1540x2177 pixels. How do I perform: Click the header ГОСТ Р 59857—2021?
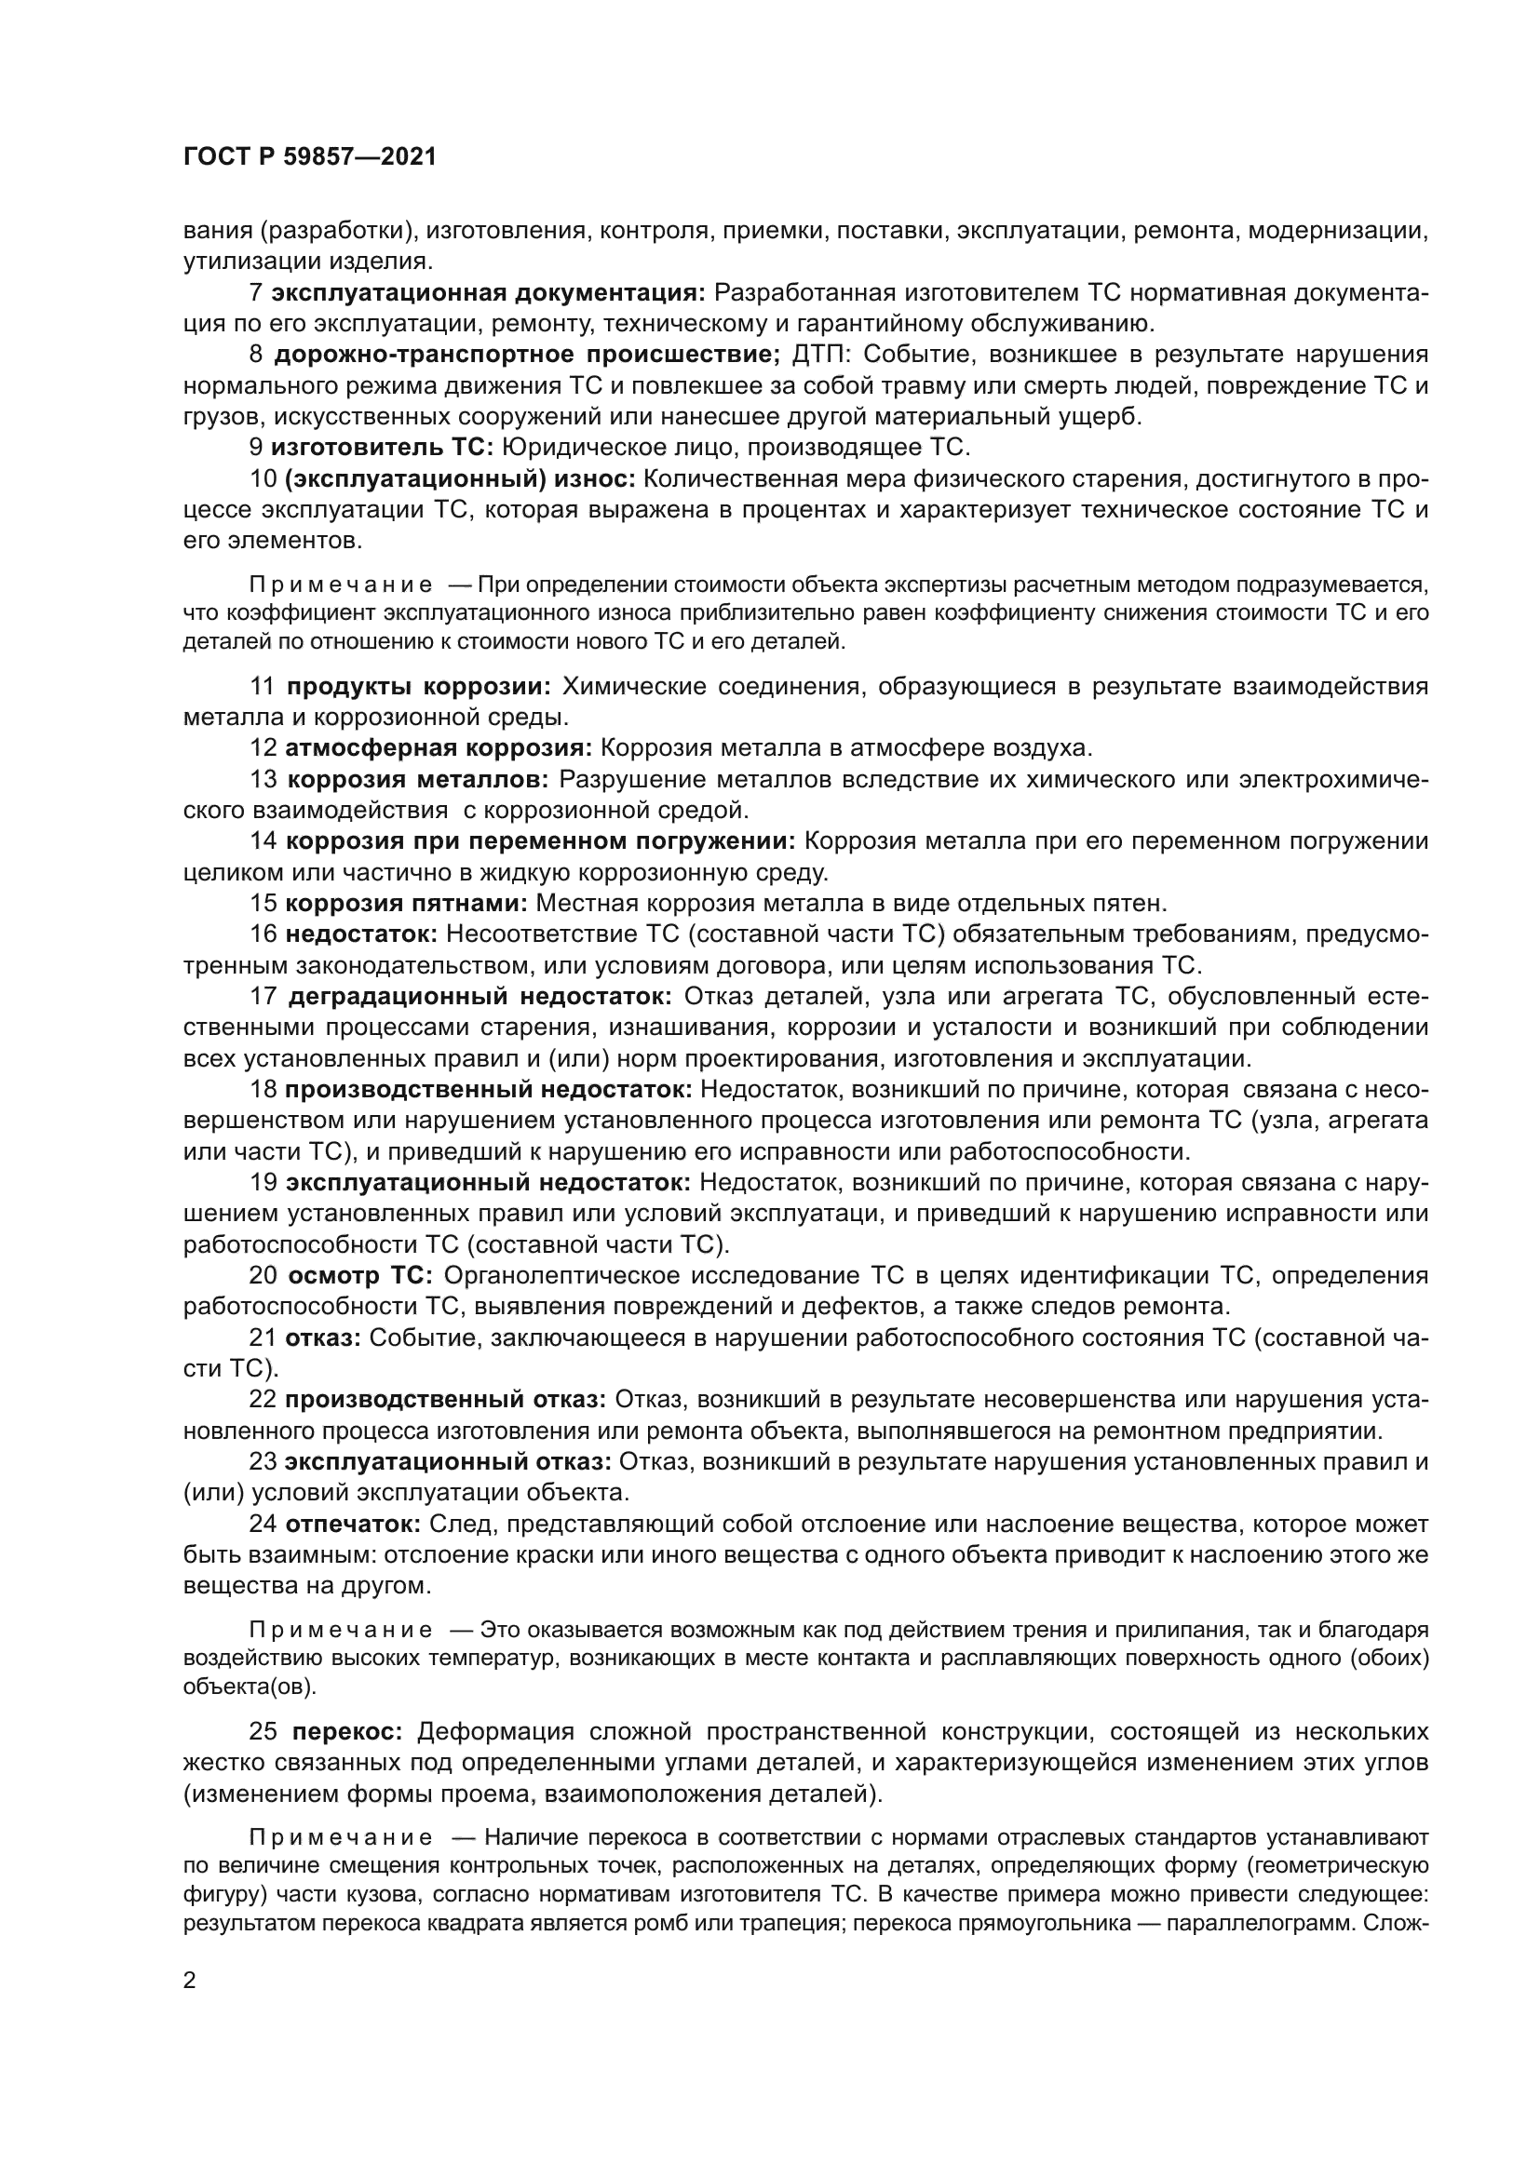pos(310,157)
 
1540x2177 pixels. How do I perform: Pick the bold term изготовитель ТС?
pos(382,448)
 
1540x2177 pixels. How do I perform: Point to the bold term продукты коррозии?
pos(418,687)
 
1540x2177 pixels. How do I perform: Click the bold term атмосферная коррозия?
pos(439,748)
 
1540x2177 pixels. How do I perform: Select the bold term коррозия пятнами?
pos(406,903)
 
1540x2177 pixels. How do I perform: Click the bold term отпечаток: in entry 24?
pos(353,1525)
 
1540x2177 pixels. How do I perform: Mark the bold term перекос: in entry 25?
pos(347,1732)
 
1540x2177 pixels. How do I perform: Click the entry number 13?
pos(263,779)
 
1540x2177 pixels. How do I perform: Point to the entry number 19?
pos(263,1182)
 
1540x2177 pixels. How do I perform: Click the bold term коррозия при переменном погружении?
pos(541,841)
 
